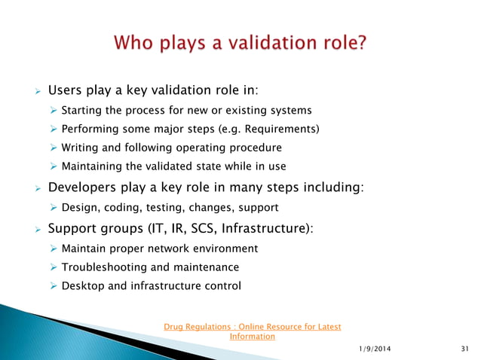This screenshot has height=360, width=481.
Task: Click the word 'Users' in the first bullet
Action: (66, 91)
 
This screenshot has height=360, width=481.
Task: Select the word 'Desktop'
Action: (82, 285)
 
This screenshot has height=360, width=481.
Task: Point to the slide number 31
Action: (463, 347)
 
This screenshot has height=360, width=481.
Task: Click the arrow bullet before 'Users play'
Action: (35, 92)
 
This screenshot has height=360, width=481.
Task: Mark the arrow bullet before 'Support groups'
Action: (35, 228)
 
